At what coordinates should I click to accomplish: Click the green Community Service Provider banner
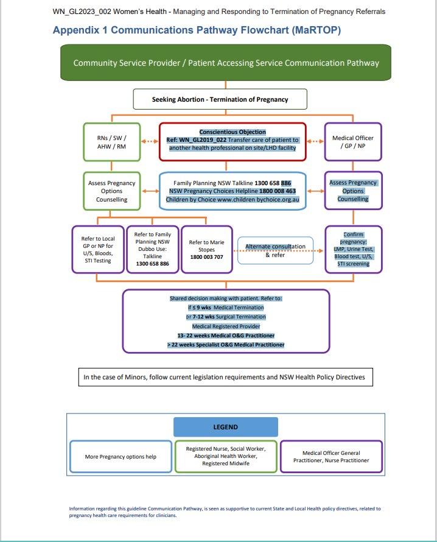[x=226, y=63]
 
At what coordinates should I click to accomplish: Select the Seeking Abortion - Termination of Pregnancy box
[x=220, y=99]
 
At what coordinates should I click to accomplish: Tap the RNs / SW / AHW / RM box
[x=111, y=142]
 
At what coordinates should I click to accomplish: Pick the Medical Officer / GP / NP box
[x=353, y=142]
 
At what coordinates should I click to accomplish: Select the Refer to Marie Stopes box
[x=206, y=249]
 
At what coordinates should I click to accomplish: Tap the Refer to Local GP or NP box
[x=97, y=248]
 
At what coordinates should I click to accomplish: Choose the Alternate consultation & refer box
[x=274, y=250]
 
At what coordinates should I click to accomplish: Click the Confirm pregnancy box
[x=353, y=249]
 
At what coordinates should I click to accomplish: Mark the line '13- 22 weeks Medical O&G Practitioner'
[x=226, y=336]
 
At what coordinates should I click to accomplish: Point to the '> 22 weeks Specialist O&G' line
[x=226, y=345]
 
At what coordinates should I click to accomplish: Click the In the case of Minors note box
[x=225, y=377]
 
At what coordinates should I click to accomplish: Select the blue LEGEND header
[x=225, y=427]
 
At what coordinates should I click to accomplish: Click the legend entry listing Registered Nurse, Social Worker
[x=226, y=456]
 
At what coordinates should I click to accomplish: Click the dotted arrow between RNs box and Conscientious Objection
[x=150, y=142]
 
